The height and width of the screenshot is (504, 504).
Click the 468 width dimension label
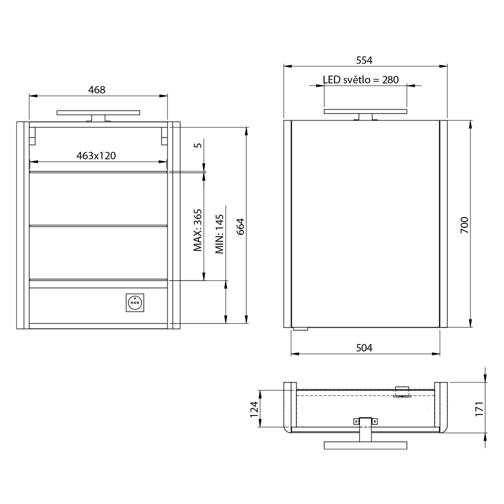[97, 90]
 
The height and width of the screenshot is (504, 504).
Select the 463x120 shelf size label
[96, 156]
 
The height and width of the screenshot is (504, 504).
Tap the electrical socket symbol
[135, 303]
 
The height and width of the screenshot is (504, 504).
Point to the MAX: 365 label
[198, 230]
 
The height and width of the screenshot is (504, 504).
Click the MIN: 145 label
[220, 234]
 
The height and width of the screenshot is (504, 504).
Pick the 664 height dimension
[240, 226]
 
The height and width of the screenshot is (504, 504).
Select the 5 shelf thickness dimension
[198, 145]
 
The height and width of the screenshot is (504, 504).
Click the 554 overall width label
[364, 61]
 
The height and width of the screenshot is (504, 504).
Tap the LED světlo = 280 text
[361, 80]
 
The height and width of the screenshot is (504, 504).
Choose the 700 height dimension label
[465, 225]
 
